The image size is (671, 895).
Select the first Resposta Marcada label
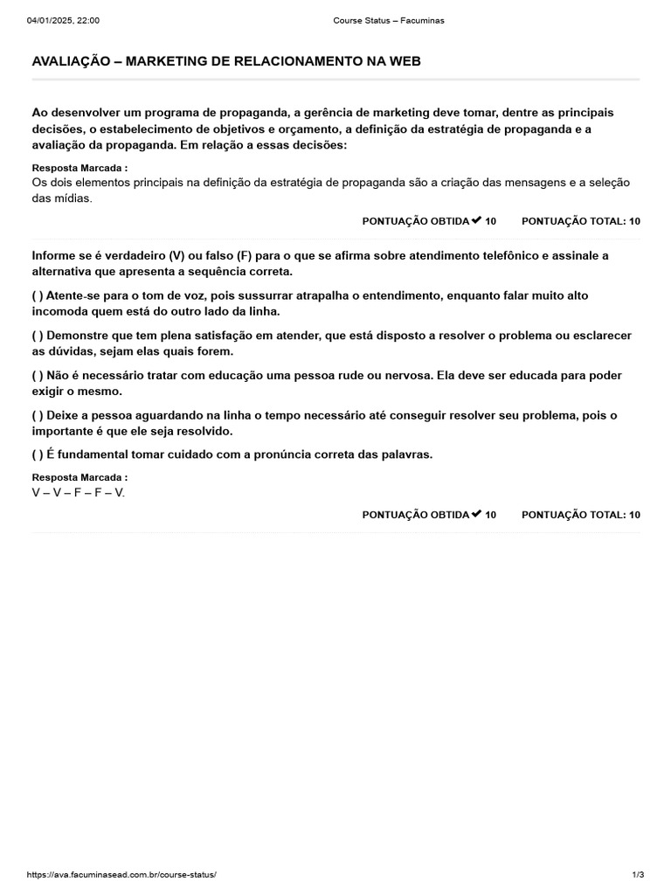point(80,168)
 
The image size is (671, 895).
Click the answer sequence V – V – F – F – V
point(79,492)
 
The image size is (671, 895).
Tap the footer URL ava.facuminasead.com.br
point(121,874)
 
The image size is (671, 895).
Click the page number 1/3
point(638,874)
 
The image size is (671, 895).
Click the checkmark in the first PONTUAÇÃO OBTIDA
point(476,220)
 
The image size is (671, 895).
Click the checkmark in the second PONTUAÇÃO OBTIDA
point(476,514)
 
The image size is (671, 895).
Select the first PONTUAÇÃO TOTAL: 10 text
point(580,221)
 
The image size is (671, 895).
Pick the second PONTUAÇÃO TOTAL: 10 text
point(580,515)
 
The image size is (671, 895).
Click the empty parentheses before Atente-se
point(38,295)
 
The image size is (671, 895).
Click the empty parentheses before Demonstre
point(38,336)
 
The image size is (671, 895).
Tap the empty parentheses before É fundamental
point(38,454)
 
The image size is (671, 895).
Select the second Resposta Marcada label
point(80,477)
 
